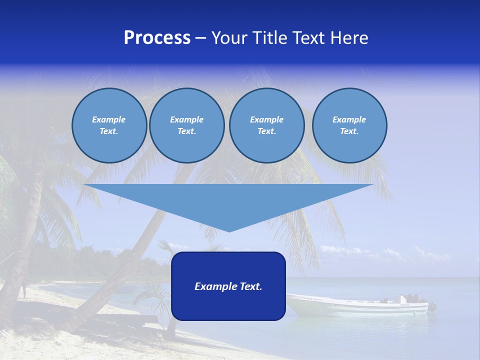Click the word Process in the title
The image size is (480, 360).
tap(157, 38)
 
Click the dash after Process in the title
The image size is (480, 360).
tap(201, 38)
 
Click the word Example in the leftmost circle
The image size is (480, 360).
tap(109, 119)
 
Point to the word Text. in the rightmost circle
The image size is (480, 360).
tap(349, 131)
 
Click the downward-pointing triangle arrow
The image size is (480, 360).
tap(228, 200)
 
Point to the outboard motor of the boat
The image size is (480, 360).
tap(431, 306)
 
